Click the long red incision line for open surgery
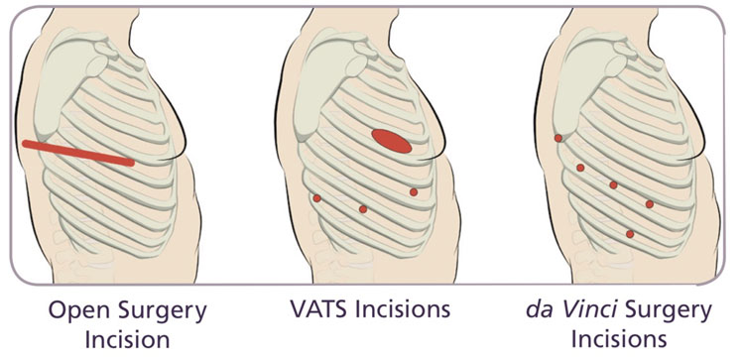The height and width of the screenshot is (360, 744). click(x=77, y=152)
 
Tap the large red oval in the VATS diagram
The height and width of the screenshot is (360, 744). click(x=392, y=142)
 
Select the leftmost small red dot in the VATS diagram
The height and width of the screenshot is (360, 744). click(x=316, y=198)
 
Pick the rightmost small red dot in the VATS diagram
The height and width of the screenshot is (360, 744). click(x=414, y=191)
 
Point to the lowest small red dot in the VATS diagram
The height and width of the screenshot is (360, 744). click(x=363, y=209)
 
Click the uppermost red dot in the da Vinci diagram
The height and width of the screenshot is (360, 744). click(x=558, y=138)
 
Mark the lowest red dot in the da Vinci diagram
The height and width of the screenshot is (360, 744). click(x=630, y=234)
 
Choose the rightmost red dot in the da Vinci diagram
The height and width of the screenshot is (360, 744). click(x=650, y=204)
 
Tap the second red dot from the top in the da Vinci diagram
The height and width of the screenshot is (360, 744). click(x=580, y=168)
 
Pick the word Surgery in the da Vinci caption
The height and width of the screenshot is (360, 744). click(x=675, y=309)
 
